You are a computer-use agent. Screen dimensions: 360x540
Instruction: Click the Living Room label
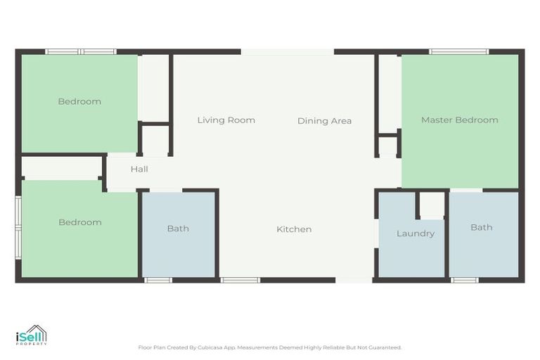[226, 120]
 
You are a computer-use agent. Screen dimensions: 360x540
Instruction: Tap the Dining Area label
[324, 121]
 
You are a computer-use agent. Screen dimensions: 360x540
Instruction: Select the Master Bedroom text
[459, 120]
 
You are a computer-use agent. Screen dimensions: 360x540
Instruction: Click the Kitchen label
[294, 229]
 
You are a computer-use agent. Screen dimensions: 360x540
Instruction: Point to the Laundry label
[415, 233]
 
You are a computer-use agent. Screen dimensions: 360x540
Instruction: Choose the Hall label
[139, 169]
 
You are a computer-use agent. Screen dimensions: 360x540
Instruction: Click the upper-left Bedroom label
[79, 102]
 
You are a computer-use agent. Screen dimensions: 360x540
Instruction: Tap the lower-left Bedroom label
[79, 223]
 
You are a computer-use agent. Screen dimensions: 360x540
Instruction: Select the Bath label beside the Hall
[178, 229]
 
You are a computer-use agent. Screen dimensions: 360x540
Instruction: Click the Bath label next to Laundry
[481, 228]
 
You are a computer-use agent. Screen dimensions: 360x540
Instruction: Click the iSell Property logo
[32, 335]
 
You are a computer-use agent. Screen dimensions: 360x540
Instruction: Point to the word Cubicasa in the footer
[207, 347]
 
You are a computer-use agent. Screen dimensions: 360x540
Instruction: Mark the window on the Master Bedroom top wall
[459, 51]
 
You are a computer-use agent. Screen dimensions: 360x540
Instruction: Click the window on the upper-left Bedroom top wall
[80, 51]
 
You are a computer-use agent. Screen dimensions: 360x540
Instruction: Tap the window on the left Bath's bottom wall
[158, 280]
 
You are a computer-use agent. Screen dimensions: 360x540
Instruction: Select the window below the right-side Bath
[464, 280]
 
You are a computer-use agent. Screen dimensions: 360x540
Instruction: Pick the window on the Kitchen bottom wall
[240, 280]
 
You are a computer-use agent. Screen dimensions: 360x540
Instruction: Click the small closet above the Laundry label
[432, 205]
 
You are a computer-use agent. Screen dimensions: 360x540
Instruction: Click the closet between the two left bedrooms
[61, 168]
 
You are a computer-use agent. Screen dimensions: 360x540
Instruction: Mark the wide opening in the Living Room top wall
[287, 51]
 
